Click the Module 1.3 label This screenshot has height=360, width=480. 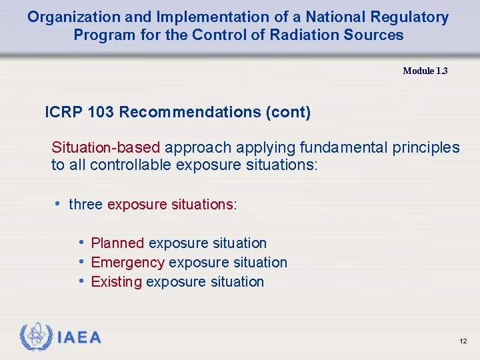(x=425, y=71)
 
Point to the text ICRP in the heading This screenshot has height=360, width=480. (x=63, y=112)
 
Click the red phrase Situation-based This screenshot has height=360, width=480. (x=106, y=147)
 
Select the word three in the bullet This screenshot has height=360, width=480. (x=85, y=205)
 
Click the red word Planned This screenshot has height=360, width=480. (x=117, y=243)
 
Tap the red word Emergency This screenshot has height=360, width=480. (x=127, y=263)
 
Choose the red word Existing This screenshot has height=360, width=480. (x=116, y=282)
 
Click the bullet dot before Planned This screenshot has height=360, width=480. (x=81, y=243)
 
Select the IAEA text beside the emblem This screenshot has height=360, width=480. (x=79, y=338)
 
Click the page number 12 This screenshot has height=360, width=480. (x=463, y=341)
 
